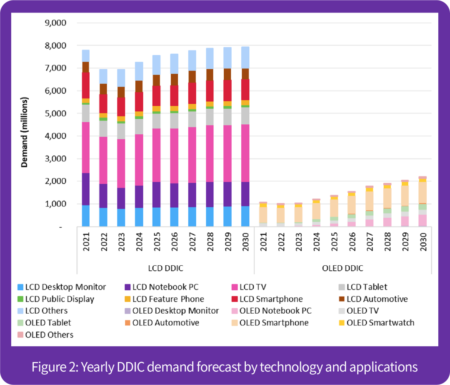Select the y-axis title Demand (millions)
pos(25,133)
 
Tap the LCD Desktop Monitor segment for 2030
pos(245,216)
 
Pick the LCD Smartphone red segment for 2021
pos(85,85)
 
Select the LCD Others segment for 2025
pos(156,65)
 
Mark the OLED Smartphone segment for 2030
pos(422,192)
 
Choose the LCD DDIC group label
pos(165,268)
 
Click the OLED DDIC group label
pos(342,268)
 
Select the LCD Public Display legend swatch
pos(20,299)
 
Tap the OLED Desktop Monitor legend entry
pos(171,311)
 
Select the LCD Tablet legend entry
pos(363,287)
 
